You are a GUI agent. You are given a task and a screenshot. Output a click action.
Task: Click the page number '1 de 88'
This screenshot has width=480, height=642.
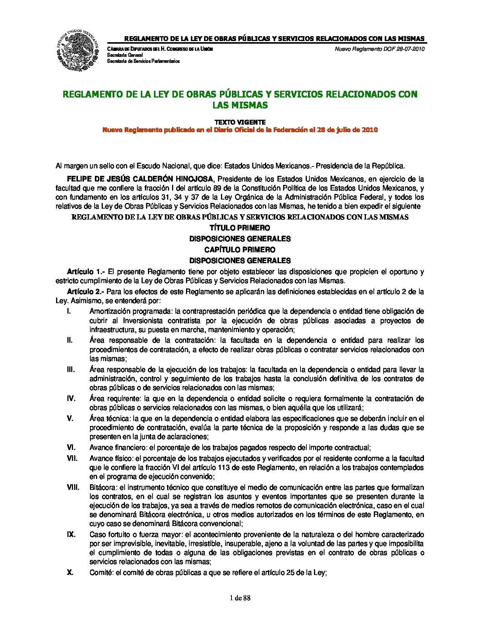pos(240,598)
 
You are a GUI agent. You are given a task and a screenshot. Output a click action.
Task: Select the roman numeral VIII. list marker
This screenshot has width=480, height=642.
pos(73,487)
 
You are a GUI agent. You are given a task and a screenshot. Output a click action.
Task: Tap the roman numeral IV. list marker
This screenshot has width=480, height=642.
pos(71,398)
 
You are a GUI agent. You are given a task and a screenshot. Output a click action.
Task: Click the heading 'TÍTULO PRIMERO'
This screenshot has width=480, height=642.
pos(240,228)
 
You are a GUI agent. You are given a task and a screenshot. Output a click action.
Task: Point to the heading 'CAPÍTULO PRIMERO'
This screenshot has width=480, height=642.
pos(240,250)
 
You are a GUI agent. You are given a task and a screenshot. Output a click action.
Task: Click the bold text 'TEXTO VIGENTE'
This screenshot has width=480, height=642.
pos(240,122)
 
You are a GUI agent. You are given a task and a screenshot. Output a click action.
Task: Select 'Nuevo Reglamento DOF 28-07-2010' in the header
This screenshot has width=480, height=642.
pos(379,49)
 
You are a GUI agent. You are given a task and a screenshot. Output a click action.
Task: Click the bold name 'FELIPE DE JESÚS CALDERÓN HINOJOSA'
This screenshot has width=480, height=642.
pos(140,178)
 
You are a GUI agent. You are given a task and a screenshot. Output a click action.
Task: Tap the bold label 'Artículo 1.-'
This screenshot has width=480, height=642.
pos(86,271)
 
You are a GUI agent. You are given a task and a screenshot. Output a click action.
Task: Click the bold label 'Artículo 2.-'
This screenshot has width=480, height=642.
pos(86,291)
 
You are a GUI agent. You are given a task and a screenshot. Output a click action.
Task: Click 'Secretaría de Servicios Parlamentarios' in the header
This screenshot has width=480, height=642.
pos(143,61)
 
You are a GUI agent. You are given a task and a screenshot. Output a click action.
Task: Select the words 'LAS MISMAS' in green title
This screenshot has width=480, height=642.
pos(240,105)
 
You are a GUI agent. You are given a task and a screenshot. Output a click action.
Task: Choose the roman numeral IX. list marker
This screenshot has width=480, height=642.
pos(71,534)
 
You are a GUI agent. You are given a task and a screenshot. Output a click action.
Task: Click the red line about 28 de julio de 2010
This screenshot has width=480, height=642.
pos(240,130)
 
